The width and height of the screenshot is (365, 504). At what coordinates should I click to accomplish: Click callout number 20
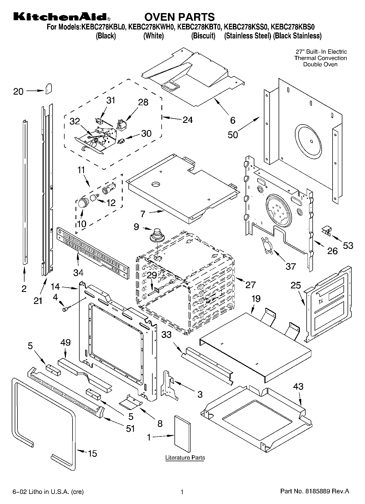click(18, 91)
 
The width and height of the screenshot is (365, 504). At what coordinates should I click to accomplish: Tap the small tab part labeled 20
click(48, 88)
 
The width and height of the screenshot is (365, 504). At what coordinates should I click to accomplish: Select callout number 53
click(348, 246)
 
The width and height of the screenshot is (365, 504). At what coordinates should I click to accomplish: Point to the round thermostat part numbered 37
click(266, 246)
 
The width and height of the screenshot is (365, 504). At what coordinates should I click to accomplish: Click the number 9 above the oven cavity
click(136, 227)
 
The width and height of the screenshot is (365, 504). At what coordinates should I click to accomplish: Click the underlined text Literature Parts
click(185, 458)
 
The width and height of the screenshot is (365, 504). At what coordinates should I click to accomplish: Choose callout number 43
click(298, 386)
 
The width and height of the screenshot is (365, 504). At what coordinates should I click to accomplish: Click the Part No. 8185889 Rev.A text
click(315, 491)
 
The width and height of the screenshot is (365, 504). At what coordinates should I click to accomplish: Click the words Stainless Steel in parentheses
click(248, 36)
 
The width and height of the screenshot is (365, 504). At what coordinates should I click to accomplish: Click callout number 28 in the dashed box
click(143, 102)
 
